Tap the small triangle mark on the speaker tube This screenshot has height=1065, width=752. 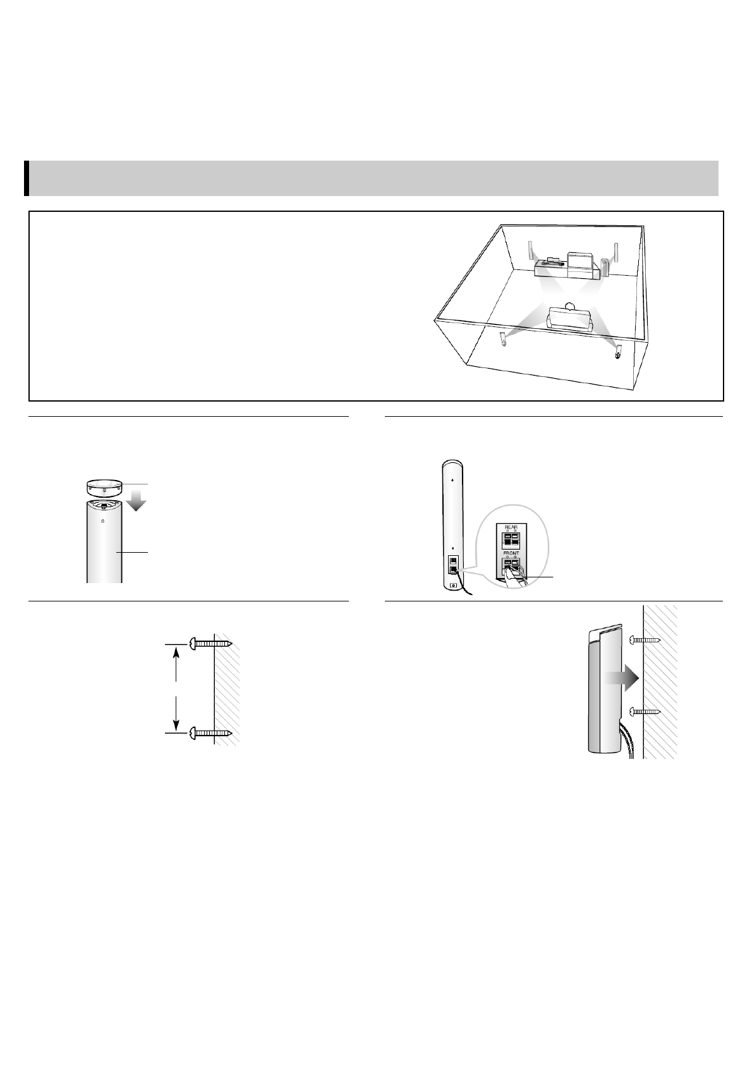point(102,521)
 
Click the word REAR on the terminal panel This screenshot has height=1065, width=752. point(511,527)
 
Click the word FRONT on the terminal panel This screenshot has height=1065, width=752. point(511,553)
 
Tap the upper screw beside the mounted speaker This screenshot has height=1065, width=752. point(646,640)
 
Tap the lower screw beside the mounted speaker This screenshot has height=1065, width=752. point(646,711)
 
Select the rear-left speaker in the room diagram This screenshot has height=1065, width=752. point(503,338)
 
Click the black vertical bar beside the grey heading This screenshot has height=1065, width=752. point(27,178)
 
